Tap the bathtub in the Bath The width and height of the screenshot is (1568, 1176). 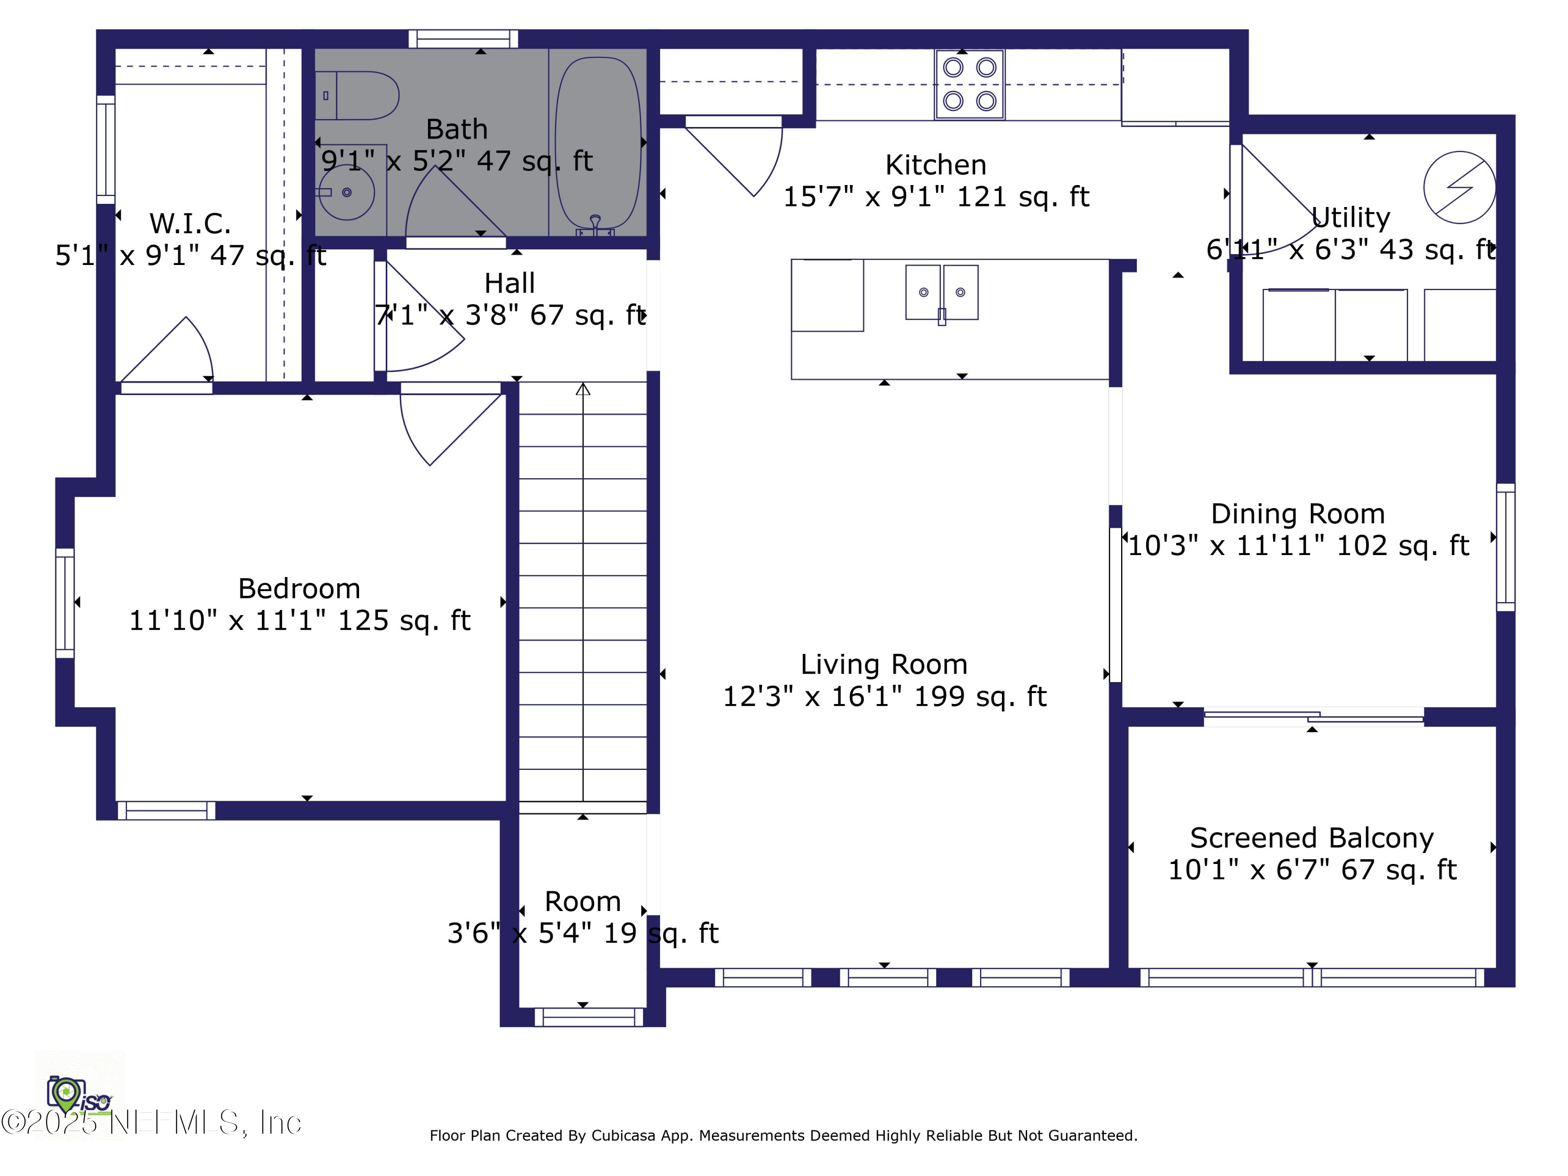pos(597,142)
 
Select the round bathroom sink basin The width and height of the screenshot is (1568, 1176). pos(346,192)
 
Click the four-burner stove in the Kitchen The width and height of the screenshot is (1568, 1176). pos(969,84)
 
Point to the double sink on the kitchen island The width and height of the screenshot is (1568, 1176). pos(941,293)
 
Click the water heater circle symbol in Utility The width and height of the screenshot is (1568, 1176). pos(1459,188)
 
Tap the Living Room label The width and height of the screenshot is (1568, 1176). pos(884,665)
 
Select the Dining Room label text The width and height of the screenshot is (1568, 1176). pos(1297,514)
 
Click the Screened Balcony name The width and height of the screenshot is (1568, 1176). pos(1311,838)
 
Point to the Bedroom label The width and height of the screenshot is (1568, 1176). pos(298,589)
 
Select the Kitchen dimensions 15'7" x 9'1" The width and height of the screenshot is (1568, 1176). pos(935,197)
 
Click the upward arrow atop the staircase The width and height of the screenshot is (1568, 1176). pos(583,389)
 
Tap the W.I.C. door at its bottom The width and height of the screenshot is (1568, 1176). pos(167,388)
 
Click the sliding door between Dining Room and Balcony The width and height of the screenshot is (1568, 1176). pos(1313,718)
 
